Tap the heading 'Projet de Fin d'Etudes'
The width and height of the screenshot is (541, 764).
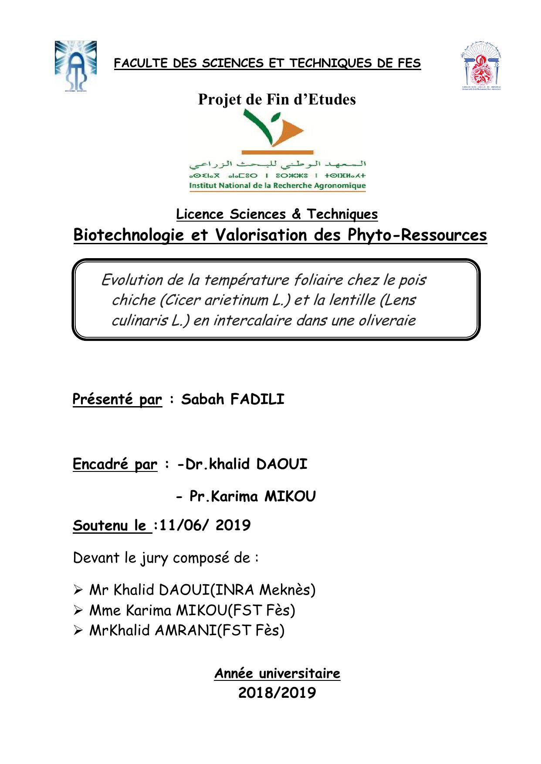click(x=277, y=100)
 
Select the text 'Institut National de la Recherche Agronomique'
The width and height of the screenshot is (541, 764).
click(x=277, y=186)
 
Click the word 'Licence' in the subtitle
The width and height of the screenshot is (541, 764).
click(x=200, y=214)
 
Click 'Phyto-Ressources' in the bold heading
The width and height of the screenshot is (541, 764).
click(x=417, y=235)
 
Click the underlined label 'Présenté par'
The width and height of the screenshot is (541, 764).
click(x=117, y=399)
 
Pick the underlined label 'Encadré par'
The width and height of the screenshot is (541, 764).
click(x=115, y=464)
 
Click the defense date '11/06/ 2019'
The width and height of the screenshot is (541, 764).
click(x=205, y=525)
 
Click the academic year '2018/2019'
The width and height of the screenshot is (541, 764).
click(x=277, y=692)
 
